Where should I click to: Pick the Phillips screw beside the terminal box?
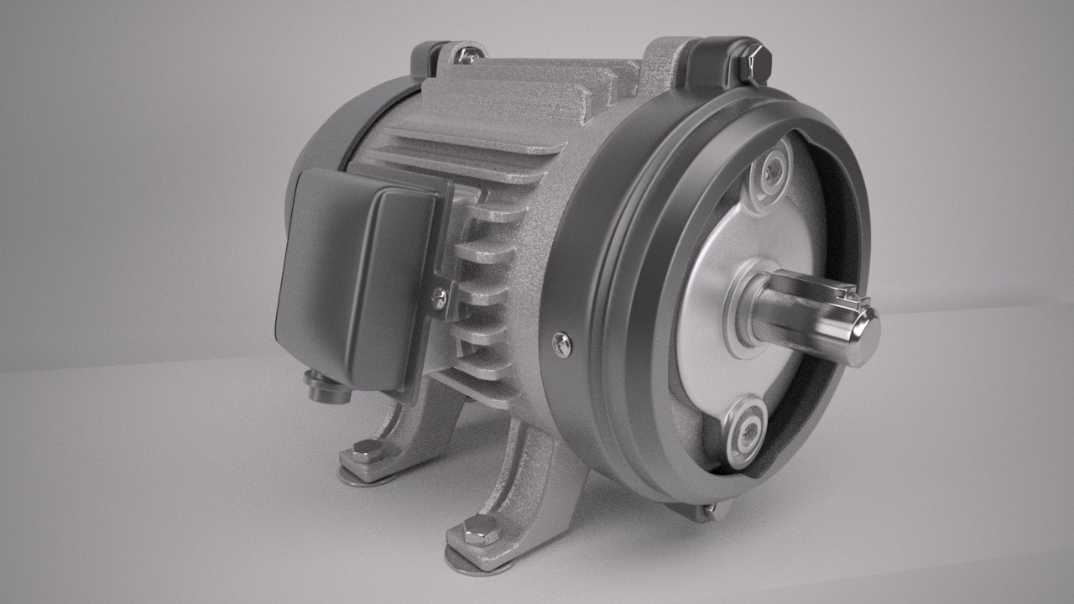[x=439, y=294]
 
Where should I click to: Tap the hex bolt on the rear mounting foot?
[x=367, y=450]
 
